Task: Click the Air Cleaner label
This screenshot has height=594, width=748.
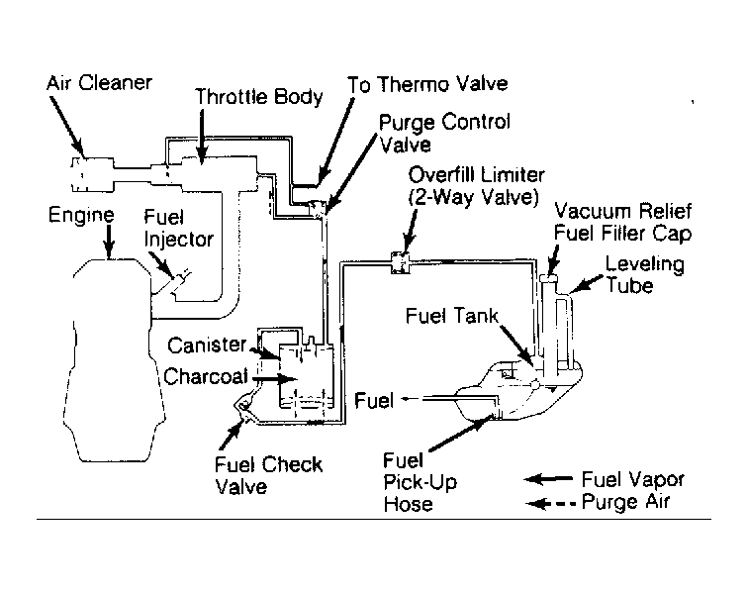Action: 99,83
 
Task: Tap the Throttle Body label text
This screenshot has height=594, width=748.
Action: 259,97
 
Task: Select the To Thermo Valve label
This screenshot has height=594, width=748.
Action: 427,84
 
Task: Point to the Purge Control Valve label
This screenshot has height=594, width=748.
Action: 444,134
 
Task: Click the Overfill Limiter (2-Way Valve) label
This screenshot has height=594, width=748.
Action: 476,186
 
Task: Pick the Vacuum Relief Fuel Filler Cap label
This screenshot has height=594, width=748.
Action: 622,223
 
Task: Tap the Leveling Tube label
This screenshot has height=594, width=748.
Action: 644,274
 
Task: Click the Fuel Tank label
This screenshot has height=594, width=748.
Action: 452,316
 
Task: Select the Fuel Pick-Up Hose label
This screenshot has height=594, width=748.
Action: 420,482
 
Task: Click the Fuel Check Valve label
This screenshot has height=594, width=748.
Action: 268,475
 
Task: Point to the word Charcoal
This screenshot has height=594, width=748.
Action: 206,377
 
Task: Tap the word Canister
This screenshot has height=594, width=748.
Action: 207,346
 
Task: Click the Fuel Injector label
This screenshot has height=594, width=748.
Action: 178,230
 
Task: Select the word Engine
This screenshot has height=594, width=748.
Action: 81,216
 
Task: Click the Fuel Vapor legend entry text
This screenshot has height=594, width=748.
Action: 633,479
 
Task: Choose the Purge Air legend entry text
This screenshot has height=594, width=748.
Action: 626,502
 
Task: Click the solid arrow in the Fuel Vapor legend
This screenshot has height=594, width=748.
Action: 548,479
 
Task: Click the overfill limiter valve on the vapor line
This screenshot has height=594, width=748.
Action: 401,262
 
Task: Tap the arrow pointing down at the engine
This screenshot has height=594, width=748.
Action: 109,242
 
